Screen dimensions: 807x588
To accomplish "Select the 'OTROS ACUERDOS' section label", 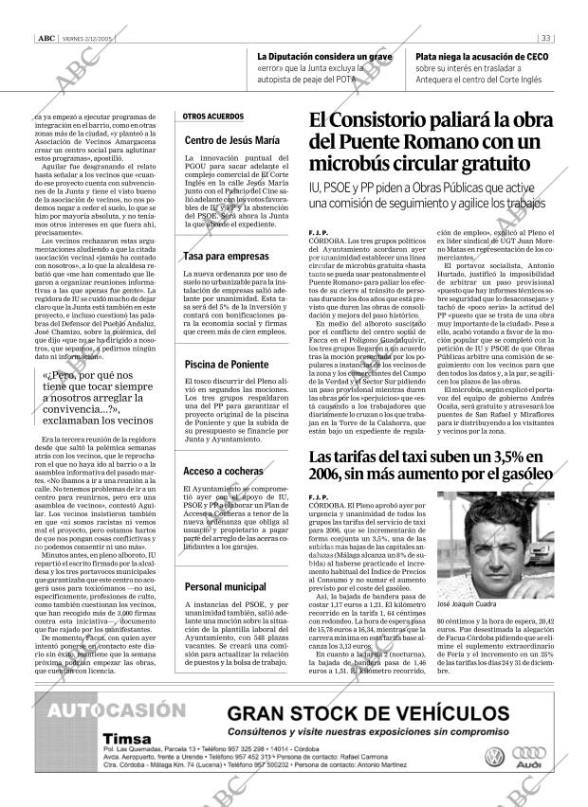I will tap(213, 117).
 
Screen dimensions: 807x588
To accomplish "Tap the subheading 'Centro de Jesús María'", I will tap(231, 141).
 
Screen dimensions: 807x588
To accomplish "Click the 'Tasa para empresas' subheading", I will tap(225, 257).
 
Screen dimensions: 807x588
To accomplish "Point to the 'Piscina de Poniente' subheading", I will tap(227, 364).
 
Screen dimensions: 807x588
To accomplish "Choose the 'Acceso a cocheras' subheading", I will tap(223, 471).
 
